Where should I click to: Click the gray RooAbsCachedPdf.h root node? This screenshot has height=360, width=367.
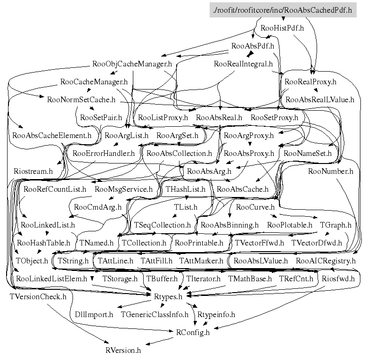pyautogui.click(x=282, y=10)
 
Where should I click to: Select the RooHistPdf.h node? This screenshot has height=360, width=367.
pyautogui.click(x=282, y=28)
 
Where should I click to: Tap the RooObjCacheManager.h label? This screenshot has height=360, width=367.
pyautogui.click(x=132, y=64)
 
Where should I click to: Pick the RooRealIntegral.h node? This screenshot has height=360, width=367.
pyautogui.click(x=243, y=64)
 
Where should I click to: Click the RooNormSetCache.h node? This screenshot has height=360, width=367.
pyautogui.click(x=81, y=99)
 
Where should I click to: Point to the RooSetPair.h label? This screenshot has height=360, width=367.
pyautogui.click(x=101, y=117)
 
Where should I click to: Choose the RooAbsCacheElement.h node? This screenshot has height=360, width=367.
pyautogui.click(x=52, y=135)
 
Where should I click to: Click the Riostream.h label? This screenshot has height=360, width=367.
pyautogui.click(x=33, y=171)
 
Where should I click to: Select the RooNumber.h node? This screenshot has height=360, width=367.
pyautogui.click(x=330, y=171)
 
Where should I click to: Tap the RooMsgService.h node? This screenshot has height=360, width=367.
pyautogui.click(x=123, y=189)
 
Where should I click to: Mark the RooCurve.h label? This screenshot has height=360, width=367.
pyautogui.click(x=255, y=207)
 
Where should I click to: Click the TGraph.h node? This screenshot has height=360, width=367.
pyautogui.click(x=335, y=225)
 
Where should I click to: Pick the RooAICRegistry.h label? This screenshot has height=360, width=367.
pyautogui.click(x=326, y=261)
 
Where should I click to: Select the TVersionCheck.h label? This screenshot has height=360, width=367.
pyautogui.click(x=38, y=296)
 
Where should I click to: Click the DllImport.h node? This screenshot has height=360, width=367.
pyautogui.click(x=94, y=314)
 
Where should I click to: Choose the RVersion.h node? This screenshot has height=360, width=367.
pyautogui.click(x=123, y=350)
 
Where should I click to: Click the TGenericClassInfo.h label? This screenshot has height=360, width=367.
pyautogui.click(x=155, y=314)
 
